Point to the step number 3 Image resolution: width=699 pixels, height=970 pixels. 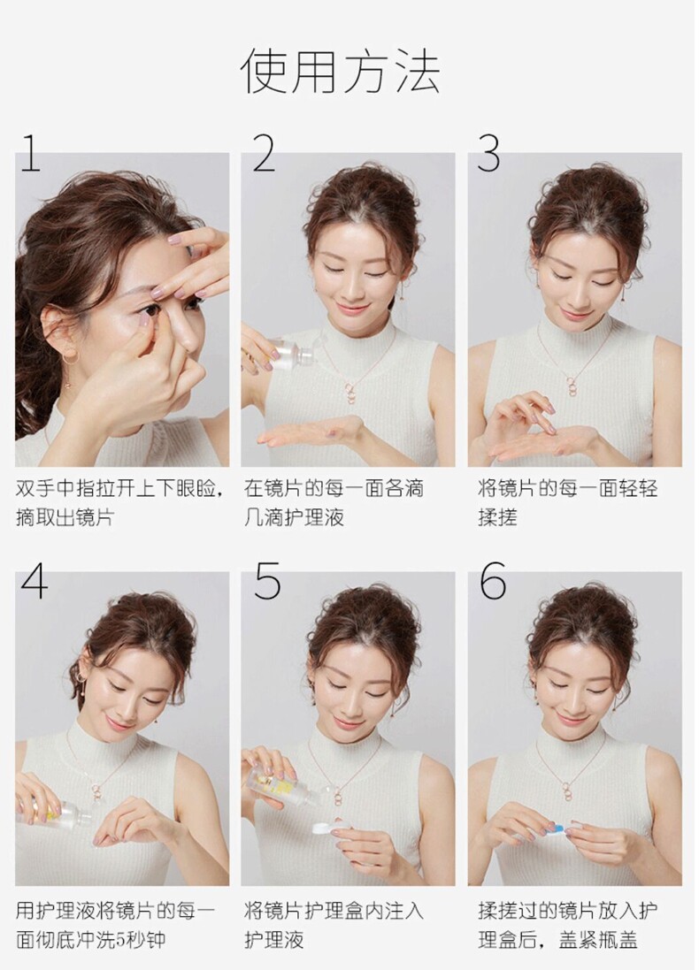[x=489, y=153]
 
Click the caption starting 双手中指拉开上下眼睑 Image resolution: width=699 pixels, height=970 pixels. [x=119, y=502]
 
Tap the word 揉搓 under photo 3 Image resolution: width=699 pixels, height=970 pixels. [x=497, y=517]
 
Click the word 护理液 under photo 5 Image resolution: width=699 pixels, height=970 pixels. [x=273, y=940]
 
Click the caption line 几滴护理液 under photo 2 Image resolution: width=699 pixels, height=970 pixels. [x=294, y=517]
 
